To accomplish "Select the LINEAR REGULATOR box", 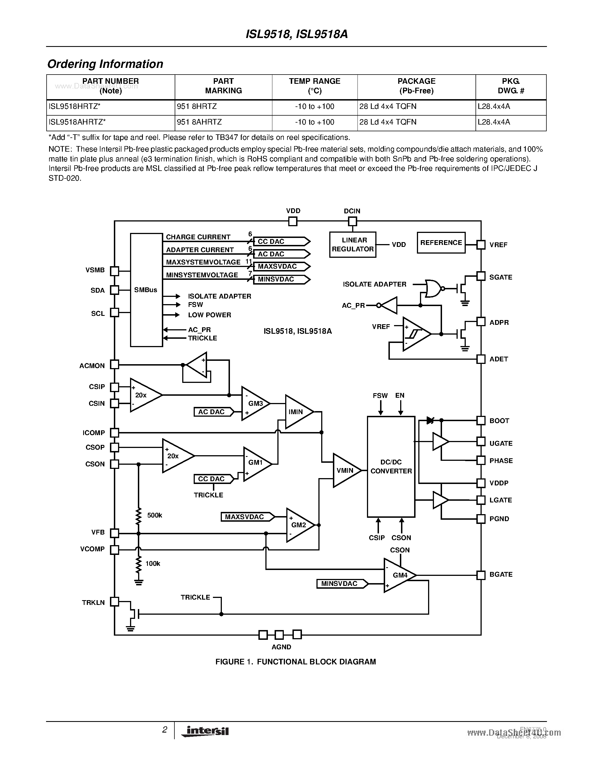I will pyautogui.click(x=352, y=244).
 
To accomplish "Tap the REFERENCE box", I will pyautogui.click(x=441, y=243).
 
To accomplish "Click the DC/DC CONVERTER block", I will pyautogui.click(x=391, y=467).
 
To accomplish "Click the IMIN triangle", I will pyautogui.click(x=297, y=412).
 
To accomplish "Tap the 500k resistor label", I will pyautogui.click(x=155, y=515).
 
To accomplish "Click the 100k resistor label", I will pyautogui.click(x=153, y=563).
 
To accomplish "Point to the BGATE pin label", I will pyautogui.click(x=501, y=574).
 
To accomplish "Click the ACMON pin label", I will pyautogui.click(x=92, y=366).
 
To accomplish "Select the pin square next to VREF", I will pyautogui.click(x=481, y=245).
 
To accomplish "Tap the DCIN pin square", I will pyautogui.click(x=352, y=221).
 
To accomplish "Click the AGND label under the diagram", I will pyautogui.click(x=281, y=647).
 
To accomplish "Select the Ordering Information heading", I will pyautogui.click(x=105, y=64).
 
